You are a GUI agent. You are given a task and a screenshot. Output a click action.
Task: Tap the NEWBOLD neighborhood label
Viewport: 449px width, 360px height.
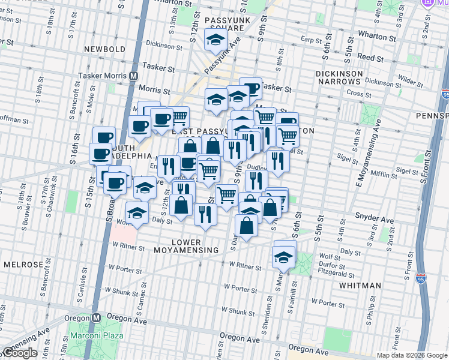(x=104, y=49)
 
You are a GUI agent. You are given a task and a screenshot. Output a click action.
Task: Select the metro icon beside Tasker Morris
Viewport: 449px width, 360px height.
(x=134, y=76)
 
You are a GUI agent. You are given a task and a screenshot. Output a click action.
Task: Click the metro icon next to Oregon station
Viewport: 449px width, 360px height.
(x=95, y=317)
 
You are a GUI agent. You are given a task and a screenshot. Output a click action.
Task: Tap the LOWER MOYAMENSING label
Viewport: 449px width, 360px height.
(x=186, y=250)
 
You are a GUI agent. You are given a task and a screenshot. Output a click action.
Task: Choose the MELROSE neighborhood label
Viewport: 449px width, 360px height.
(x=23, y=265)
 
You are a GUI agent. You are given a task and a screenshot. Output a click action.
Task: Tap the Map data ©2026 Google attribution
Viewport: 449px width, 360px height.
(x=412, y=355)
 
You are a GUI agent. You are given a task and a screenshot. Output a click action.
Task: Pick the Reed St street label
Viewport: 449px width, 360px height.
(x=370, y=59)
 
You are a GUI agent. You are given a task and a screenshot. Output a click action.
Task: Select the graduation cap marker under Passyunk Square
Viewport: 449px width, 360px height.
(x=214, y=40)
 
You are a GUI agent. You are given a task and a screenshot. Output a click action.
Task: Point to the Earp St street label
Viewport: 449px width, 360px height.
(x=312, y=40)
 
